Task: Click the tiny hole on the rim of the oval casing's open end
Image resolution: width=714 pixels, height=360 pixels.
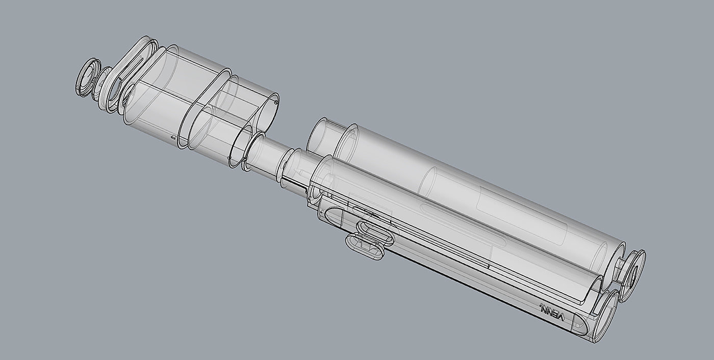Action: click(275, 102)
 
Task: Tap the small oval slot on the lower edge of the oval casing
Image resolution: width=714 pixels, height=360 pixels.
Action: click(173, 138)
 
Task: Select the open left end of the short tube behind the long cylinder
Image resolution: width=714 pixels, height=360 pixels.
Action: click(319, 136)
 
